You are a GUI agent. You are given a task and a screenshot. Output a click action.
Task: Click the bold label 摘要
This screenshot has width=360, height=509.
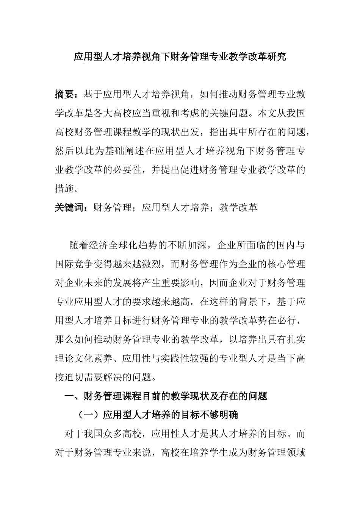point(65,94)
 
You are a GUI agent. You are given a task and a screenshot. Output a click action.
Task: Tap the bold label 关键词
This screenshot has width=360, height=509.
point(70,207)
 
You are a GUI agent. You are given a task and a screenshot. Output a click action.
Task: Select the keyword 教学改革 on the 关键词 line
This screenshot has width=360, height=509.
point(238,207)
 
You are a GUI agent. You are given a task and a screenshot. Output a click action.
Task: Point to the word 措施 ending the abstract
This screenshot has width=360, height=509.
point(65,188)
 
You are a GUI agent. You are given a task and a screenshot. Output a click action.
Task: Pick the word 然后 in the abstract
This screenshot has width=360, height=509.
point(65,151)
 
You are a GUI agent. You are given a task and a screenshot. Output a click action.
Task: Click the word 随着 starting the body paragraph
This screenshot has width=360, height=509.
point(79,245)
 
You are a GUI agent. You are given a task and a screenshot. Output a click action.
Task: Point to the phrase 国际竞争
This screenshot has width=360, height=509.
point(75,264)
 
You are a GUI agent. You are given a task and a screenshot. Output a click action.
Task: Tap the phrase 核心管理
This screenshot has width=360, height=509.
point(286,264)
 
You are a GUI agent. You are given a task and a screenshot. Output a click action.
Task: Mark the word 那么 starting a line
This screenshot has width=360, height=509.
point(65,339)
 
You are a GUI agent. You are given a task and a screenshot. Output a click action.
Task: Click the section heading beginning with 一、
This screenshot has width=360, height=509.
point(166,396)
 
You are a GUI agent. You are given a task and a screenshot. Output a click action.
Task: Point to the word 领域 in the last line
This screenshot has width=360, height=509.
point(296,453)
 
